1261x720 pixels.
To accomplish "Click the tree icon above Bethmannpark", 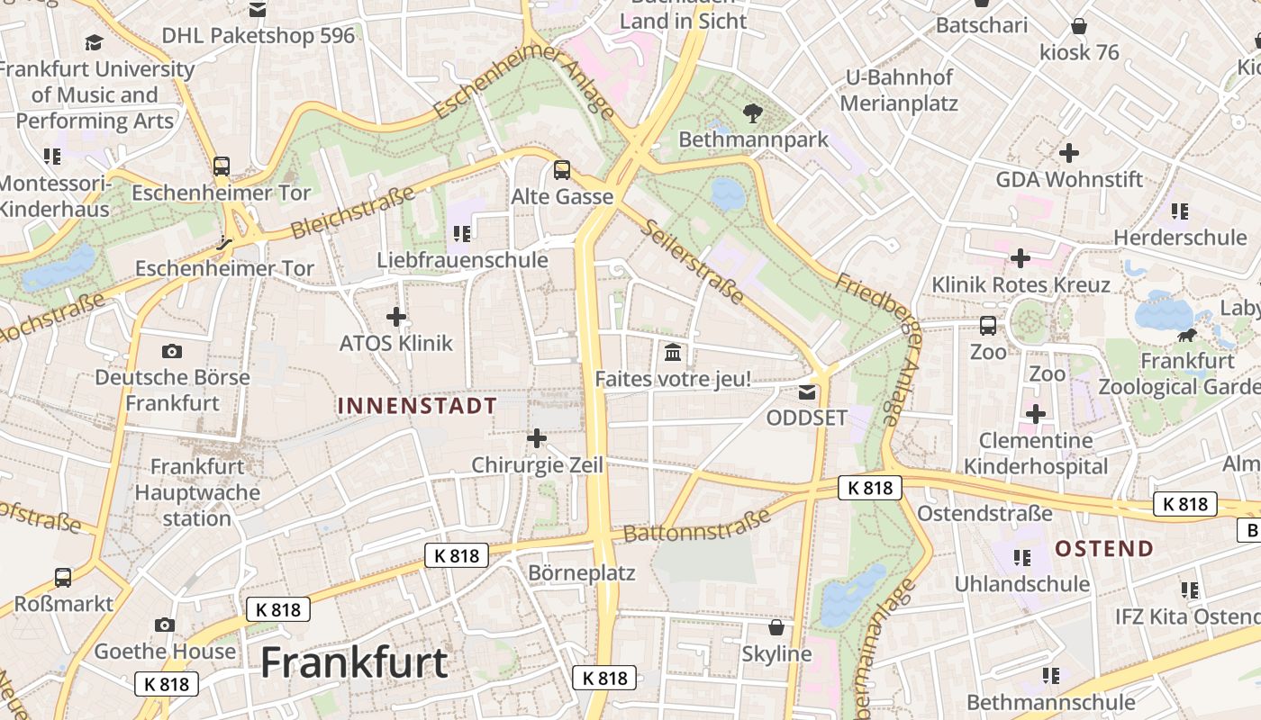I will [x=752, y=112].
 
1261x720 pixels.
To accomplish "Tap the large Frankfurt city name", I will [x=354, y=663].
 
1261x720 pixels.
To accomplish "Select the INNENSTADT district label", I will [x=417, y=406].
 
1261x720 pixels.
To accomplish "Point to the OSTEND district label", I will [x=1103, y=548].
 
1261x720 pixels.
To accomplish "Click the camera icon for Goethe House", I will [x=164, y=625].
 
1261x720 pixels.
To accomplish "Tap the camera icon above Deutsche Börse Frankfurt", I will [x=172, y=351].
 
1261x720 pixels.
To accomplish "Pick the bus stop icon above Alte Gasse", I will [x=562, y=169].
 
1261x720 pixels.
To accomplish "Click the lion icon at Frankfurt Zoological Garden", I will [x=1187, y=336].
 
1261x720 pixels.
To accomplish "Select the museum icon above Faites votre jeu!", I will [x=672, y=353].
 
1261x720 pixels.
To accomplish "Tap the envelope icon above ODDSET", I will [x=807, y=391].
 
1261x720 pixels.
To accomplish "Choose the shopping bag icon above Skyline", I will [x=776, y=627].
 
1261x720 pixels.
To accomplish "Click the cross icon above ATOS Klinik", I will [x=396, y=317].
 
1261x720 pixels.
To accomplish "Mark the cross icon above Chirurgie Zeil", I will [x=537, y=438].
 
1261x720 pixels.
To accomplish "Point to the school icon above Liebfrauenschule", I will [x=462, y=234].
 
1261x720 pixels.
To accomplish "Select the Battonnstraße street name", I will [x=697, y=525].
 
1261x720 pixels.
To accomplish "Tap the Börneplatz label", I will [x=581, y=573].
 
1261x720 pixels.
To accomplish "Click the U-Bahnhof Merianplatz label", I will [x=898, y=90].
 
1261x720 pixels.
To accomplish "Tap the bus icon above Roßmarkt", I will [x=63, y=577].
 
